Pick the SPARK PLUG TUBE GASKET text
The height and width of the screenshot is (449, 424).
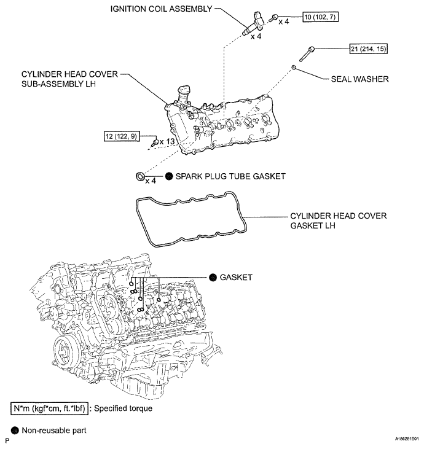click(x=231, y=176)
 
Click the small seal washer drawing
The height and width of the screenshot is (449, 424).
click(x=296, y=66)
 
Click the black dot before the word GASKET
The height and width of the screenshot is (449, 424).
click(x=213, y=278)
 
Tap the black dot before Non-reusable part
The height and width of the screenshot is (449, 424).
click(x=15, y=431)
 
